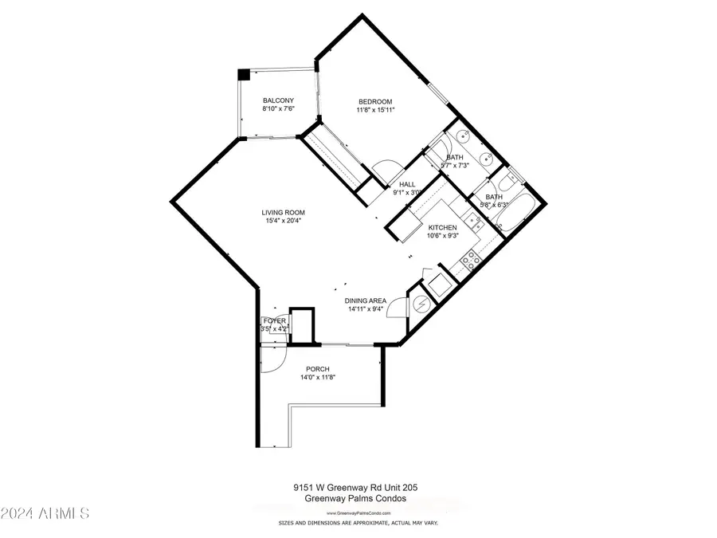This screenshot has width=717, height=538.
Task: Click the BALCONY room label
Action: [x=279, y=100]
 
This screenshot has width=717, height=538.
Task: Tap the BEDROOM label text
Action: [x=375, y=101]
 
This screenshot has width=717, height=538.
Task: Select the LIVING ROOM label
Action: [x=284, y=213]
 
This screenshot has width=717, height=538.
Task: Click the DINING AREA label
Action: [x=365, y=300]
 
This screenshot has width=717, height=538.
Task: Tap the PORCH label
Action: [x=317, y=369]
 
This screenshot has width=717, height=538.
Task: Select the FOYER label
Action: [x=275, y=320]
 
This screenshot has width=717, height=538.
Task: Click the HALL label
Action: [x=407, y=184]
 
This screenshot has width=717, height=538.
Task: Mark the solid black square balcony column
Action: [x=244, y=75]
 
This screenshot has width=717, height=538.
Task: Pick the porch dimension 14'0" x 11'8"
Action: [x=317, y=379]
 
